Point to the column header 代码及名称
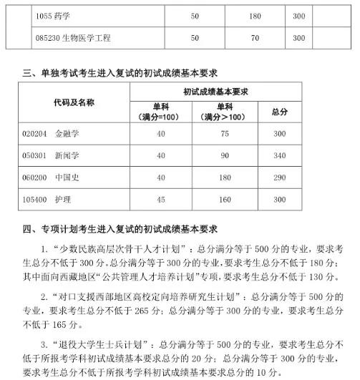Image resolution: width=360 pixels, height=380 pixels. point(74,103)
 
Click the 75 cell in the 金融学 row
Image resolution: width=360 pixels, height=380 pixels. point(223,134)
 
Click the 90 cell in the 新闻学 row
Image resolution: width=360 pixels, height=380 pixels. point(223,155)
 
